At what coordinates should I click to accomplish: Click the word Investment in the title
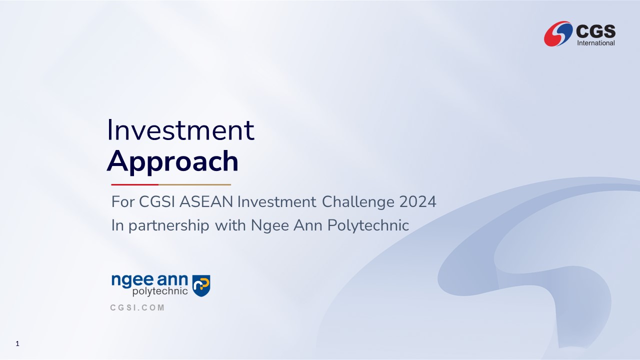point(180,130)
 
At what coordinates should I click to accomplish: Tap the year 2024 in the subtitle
point(417,201)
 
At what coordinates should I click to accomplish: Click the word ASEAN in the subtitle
point(206,201)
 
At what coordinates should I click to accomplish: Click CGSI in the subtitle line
point(157,201)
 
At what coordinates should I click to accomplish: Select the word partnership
point(169,225)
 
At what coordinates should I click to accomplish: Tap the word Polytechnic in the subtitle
point(368,225)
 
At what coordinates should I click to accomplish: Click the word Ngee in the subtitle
point(270,225)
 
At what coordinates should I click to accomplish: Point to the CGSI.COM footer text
point(137,307)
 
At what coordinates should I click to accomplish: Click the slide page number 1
point(17,343)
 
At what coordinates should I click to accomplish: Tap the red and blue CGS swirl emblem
point(558,33)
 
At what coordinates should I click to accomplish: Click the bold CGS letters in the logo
point(595,31)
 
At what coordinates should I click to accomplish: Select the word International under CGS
point(596,43)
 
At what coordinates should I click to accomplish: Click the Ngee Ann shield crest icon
point(201,285)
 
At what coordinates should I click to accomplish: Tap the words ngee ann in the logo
point(149,280)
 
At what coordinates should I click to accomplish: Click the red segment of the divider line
point(135,185)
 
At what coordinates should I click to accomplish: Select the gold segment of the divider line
point(194,185)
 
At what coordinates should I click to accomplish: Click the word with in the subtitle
point(230,225)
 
